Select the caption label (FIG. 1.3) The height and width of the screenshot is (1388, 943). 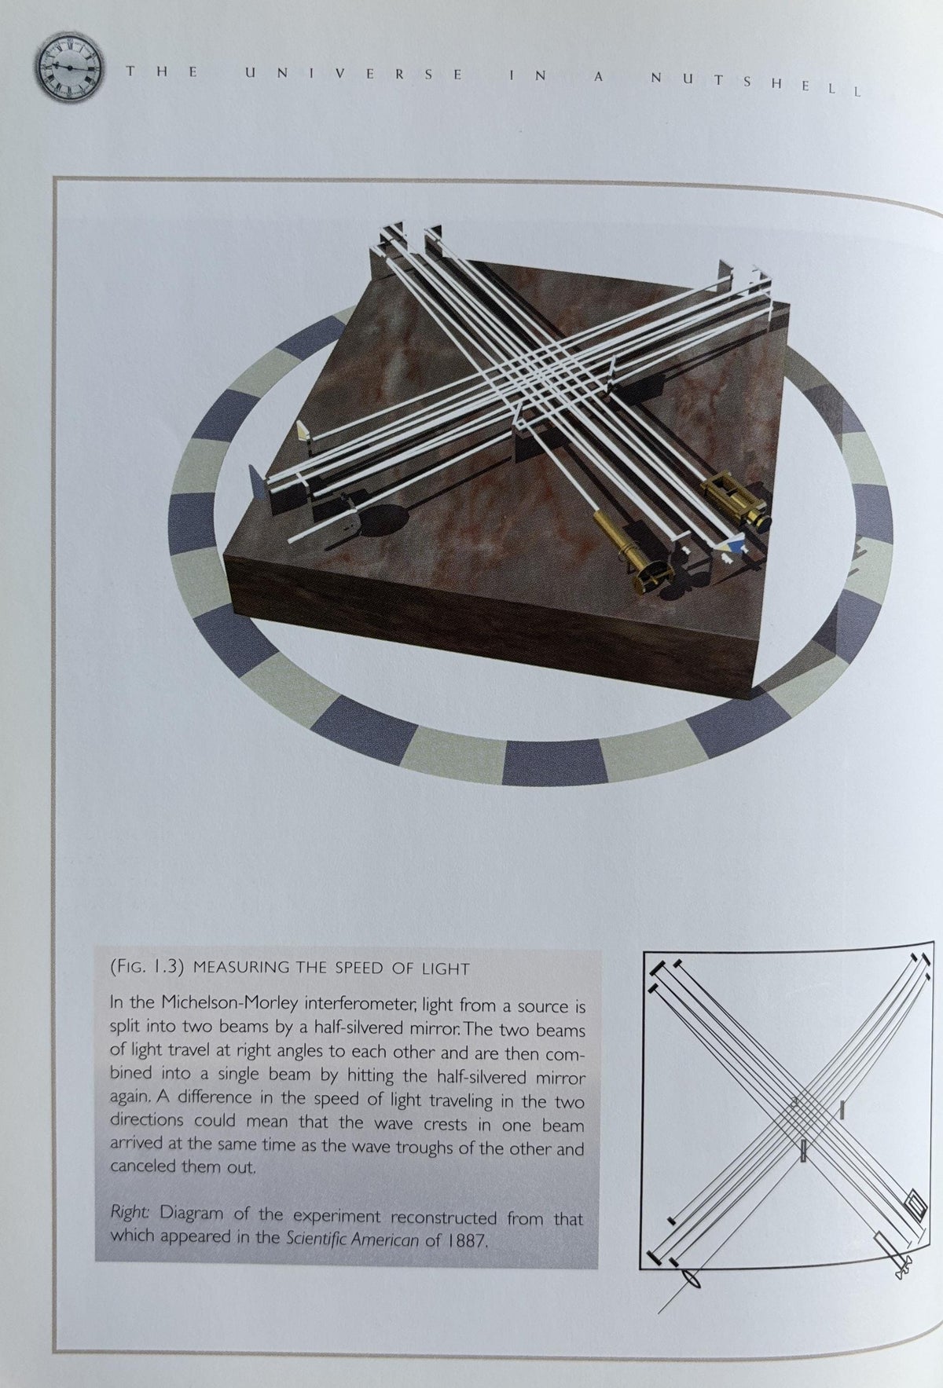147,968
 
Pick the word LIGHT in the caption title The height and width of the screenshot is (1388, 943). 448,969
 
